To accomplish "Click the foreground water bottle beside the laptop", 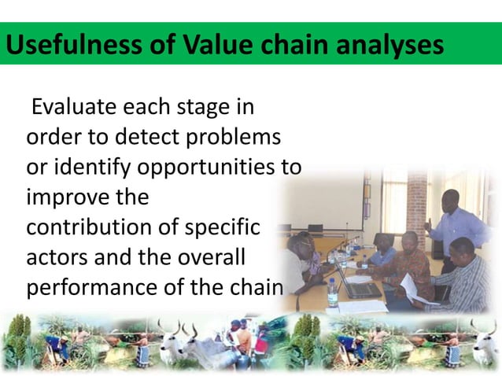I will pyautogui.click(x=333, y=293).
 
